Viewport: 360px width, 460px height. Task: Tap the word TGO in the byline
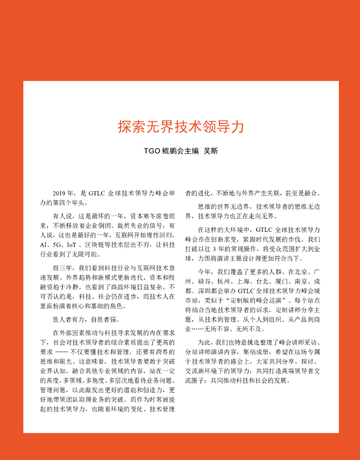point(152,151)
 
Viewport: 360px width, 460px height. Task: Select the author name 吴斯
point(210,151)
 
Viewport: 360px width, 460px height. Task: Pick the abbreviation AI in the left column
point(44,244)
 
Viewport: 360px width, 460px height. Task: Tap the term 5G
point(57,244)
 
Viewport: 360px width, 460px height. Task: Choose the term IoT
point(71,244)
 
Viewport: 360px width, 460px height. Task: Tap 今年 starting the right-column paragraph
point(204,272)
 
